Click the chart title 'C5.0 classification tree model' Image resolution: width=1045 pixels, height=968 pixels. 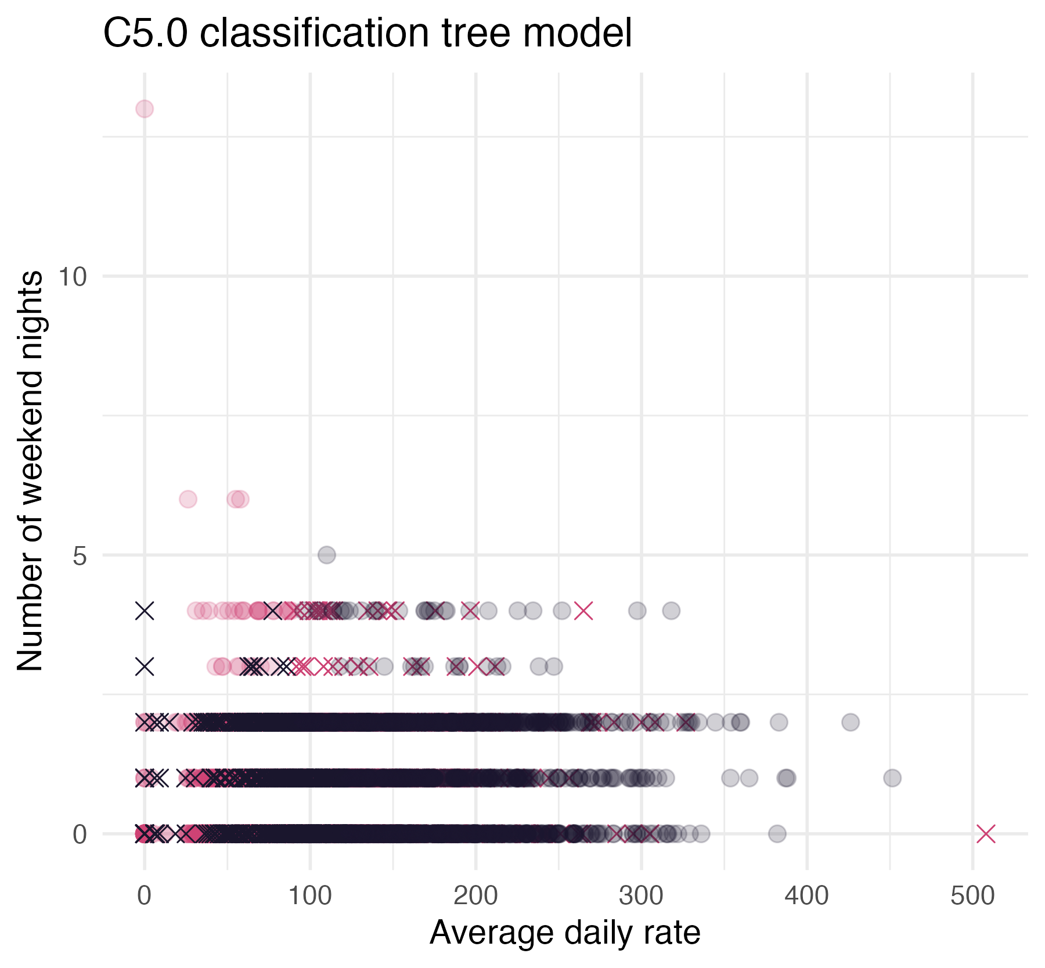(367, 33)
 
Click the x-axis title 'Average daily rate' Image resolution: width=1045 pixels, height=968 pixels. (565, 933)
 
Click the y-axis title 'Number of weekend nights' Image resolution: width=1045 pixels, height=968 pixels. (30, 471)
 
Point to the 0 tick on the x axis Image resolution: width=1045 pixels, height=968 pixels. (144, 897)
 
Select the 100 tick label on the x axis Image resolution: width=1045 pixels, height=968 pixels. (310, 897)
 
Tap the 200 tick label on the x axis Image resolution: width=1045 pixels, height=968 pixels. (475, 897)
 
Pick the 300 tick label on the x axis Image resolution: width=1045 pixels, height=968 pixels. (641, 897)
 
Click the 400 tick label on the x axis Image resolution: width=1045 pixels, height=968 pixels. (807, 897)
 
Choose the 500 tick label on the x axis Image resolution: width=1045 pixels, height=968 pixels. (972, 897)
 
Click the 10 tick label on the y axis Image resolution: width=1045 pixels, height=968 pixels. (73, 277)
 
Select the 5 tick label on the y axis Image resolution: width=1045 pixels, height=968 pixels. (80, 555)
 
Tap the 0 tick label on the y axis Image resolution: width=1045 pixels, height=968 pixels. (80, 835)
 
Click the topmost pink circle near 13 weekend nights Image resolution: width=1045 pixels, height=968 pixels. (145, 109)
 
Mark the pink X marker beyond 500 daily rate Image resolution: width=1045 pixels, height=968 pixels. (986, 834)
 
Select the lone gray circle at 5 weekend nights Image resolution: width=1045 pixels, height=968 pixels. (327, 555)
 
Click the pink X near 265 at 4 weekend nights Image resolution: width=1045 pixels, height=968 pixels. (583, 611)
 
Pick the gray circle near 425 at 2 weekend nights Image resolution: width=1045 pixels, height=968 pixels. (851, 723)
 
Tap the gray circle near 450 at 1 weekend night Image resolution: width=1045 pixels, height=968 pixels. (892, 778)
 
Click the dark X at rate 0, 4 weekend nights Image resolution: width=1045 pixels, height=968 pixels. (145, 611)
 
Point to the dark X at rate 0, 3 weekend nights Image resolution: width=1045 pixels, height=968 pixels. (145, 667)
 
